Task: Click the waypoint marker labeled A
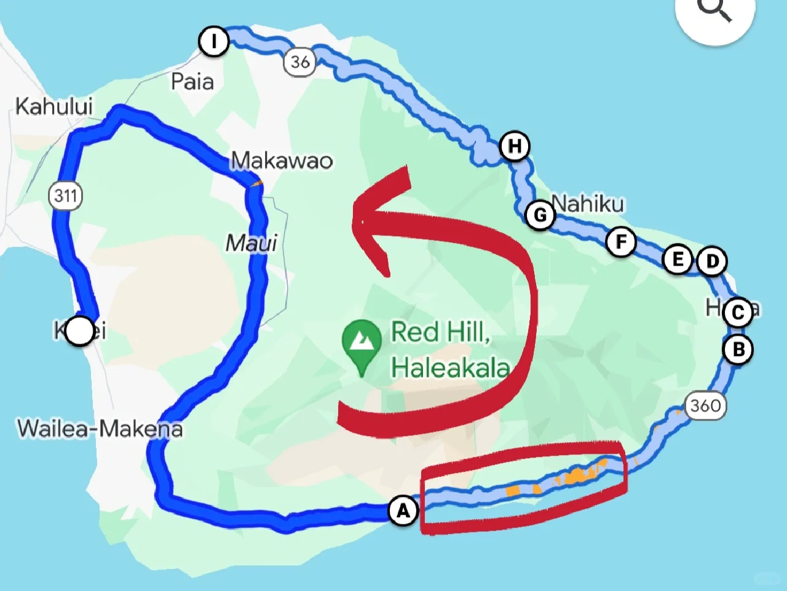[403, 510]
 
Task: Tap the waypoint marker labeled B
[738, 349]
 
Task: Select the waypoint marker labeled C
[738, 312]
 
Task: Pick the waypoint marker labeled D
[712, 261]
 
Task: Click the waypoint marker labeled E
[678, 260]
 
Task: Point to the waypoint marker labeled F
[621, 242]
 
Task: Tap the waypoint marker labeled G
[540, 215]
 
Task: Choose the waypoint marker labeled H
[515, 146]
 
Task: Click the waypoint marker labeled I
[214, 41]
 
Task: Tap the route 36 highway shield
[299, 61]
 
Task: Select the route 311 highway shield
[65, 196]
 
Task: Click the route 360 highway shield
[705, 406]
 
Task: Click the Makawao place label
[282, 161]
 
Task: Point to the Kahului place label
[54, 106]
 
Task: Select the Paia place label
[192, 82]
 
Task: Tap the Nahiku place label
[588, 203]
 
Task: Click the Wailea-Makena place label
[100, 429]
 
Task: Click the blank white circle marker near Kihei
[79, 331]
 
